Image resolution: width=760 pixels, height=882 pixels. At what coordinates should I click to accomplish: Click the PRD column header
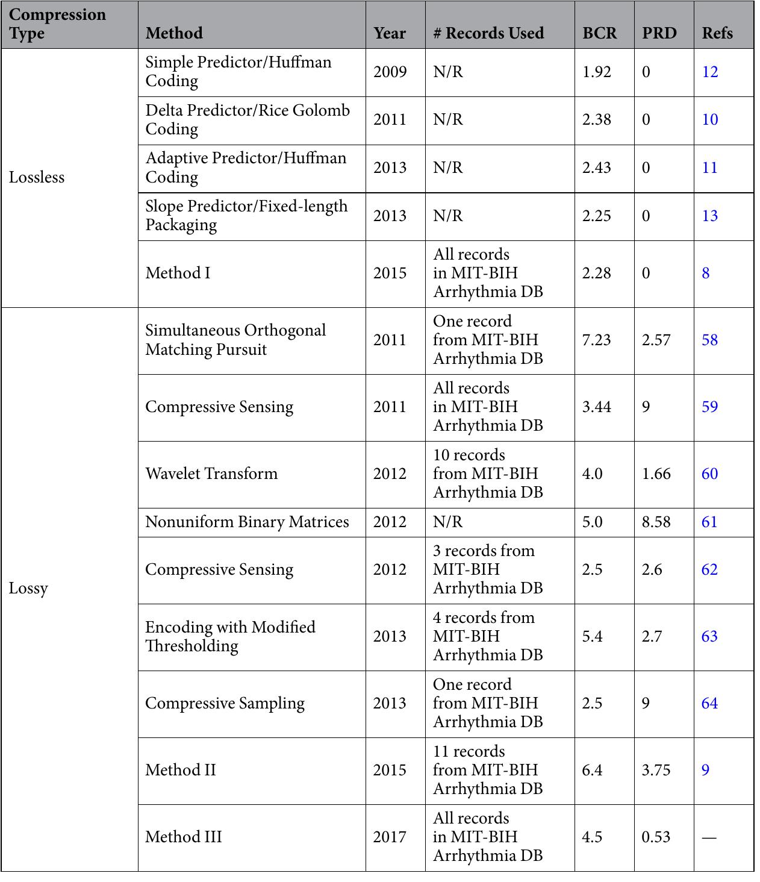point(659,33)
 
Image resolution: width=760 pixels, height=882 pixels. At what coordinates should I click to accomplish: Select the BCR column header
point(599,33)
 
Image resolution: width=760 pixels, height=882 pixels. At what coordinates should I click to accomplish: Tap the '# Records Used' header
point(488,33)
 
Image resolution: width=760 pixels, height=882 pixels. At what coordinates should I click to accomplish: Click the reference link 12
point(710,72)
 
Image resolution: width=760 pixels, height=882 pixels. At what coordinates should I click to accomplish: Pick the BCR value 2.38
point(596,119)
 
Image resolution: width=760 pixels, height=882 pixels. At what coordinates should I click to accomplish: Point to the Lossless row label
point(37,177)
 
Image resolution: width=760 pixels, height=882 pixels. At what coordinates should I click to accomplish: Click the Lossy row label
point(28,588)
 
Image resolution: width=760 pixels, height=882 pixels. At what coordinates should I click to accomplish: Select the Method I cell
point(178,273)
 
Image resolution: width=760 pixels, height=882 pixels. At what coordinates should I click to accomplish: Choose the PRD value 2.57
point(656,340)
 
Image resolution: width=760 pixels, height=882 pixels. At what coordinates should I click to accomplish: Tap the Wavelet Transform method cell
point(211,474)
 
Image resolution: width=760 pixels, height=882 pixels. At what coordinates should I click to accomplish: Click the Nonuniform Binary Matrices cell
point(247,522)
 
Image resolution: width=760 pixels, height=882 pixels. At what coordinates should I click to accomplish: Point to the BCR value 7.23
point(596,340)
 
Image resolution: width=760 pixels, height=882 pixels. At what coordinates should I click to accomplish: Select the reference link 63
point(709,636)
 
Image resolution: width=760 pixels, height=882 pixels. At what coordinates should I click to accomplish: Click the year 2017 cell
point(389,837)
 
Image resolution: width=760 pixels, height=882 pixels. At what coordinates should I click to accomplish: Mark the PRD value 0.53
point(656,837)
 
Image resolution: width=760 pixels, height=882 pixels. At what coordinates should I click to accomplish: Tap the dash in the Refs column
point(709,837)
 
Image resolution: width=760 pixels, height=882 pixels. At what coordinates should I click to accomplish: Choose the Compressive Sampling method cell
point(225,703)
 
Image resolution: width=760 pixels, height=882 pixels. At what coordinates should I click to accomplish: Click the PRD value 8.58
point(656,522)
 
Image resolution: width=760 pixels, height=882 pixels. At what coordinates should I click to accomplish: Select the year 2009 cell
point(390,72)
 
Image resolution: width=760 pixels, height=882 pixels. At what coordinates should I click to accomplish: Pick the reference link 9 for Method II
point(706,770)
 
